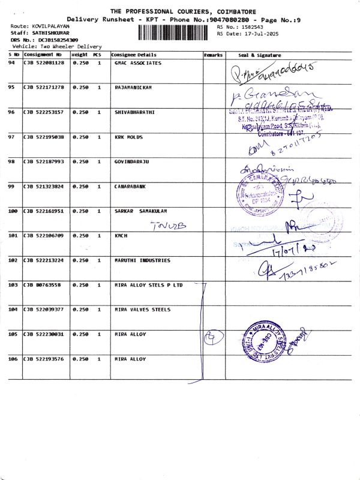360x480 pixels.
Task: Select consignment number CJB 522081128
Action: pyautogui.click(x=44, y=63)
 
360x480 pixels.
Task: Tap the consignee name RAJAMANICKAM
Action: pyautogui.click(x=133, y=88)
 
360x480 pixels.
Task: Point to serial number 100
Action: pyautogui.click(x=13, y=211)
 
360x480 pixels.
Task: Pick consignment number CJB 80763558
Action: pyautogui.click(x=41, y=285)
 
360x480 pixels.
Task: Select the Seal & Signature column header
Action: pyautogui.click(x=259, y=55)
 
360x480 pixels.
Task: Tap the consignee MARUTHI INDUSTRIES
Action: pyautogui.click(x=142, y=260)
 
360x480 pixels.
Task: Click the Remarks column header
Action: pyautogui.click(x=213, y=55)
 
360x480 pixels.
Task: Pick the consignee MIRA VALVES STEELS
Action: pyautogui.click(x=142, y=310)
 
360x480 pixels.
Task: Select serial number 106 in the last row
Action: pyautogui.click(x=13, y=359)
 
